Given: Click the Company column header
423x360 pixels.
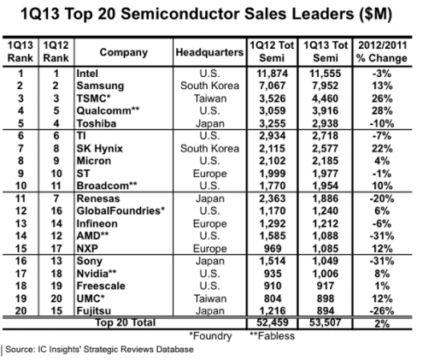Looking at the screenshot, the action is (124, 52).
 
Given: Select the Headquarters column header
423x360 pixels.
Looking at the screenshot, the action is (209, 52).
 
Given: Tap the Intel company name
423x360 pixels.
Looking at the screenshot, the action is (87, 74).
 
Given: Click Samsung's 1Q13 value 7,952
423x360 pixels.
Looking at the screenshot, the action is (326, 86).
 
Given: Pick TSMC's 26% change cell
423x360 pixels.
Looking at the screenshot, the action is (382, 98).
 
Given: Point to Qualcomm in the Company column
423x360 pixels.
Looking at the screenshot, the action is (108, 110).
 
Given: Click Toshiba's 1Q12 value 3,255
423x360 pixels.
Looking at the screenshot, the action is (272, 123).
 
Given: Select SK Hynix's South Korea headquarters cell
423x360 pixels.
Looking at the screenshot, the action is (209, 149).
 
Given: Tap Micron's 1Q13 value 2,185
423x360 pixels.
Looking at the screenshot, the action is (326, 161).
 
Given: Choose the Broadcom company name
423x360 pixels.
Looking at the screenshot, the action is (107, 186).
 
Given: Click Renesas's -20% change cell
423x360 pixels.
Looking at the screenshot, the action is (382, 198).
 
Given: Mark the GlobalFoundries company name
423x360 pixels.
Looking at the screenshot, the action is (120, 211).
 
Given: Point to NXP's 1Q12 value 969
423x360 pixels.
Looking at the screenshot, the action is (273, 249).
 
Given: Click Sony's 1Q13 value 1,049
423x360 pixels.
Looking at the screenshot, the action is (326, 261).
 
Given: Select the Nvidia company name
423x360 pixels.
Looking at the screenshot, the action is (97, 274).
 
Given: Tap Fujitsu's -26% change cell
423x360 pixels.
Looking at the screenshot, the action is (382, 310).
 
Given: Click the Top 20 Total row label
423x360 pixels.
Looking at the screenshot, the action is (126, 322).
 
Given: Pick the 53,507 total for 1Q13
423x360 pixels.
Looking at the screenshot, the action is (325, 322).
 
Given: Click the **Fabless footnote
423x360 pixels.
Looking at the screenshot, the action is (273, 336).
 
